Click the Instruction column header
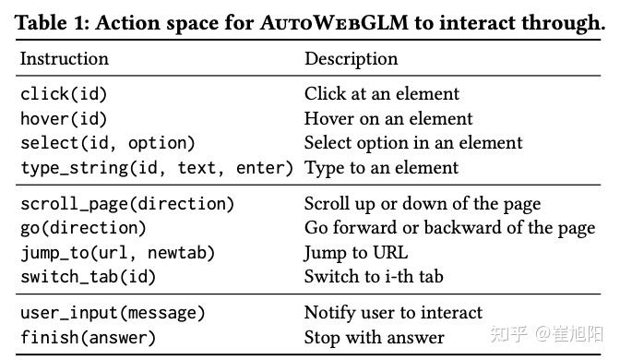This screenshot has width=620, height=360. [x=64, y=59]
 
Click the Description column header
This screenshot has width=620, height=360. [x=351, y=59]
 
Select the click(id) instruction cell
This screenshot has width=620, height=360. [x=60, y=94]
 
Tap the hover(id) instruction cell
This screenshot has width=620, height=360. [x=64, y=119]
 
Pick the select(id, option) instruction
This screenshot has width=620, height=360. [x=107, y=143]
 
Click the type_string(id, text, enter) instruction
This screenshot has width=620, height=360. [x=156, y=168]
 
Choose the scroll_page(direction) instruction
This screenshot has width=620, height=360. [x=126, y=204]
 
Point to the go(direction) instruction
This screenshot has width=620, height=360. [x=83, y=228]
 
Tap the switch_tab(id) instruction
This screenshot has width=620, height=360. [x=88, y=276]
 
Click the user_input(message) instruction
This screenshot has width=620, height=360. [x=112, y=313]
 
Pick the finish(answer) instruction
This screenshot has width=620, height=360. [x=88, y=337]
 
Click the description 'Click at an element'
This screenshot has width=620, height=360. [x=381, y=94]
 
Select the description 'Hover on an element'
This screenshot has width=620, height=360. [x=387, y=119]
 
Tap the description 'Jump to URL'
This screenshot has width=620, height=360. [x=355, y=252]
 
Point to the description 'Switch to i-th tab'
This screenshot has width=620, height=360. [x=374, y=276]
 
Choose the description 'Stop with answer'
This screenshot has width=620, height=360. [x=374, y=337]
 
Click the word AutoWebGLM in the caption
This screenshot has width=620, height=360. [x=328, y=23]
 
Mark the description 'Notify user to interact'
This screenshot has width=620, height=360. [x=393, y=313]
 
